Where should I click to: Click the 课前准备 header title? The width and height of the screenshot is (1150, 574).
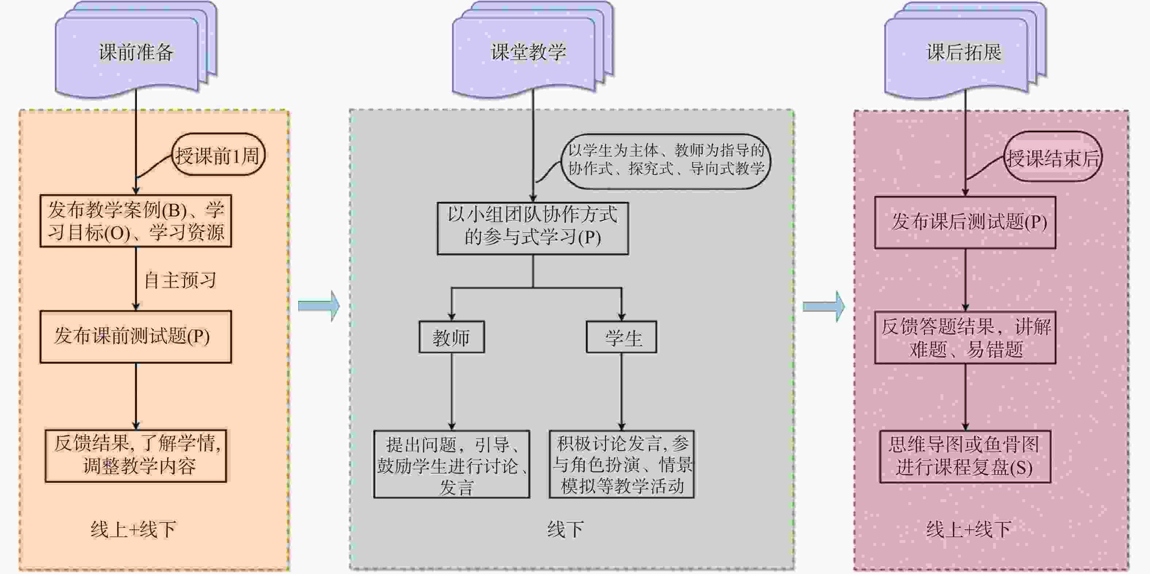click(x=136, y=52)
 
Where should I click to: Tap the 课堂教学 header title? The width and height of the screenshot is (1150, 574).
click(x=529, y=52)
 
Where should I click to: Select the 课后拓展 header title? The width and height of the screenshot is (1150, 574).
click(x=964, y=52)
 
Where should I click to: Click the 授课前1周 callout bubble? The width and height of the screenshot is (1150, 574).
click(x=218, y=155)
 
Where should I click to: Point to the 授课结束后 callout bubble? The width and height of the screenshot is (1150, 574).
click(x=1053, y=157)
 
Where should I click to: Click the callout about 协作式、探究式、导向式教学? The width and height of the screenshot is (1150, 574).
click(x=666, y=160)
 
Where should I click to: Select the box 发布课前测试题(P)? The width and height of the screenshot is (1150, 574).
click(x=135, y=336)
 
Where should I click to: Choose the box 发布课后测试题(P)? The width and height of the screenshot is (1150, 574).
click(x=965, y=222)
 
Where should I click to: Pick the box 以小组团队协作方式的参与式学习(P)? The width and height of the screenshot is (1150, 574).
click(x=532, y=228)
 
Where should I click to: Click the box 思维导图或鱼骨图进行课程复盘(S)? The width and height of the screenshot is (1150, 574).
click(x=965, y=456)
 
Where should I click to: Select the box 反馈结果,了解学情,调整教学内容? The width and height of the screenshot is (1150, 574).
click(x=136, y=456)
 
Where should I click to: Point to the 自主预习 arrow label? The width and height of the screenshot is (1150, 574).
click(x=180, y=280)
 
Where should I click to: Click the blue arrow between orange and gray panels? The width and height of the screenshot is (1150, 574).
click(x=319, y=306)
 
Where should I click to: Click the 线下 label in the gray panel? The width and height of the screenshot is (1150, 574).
click(x=565, y=529)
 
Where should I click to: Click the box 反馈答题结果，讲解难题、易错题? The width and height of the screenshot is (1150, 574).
click(x=965, y=338)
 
